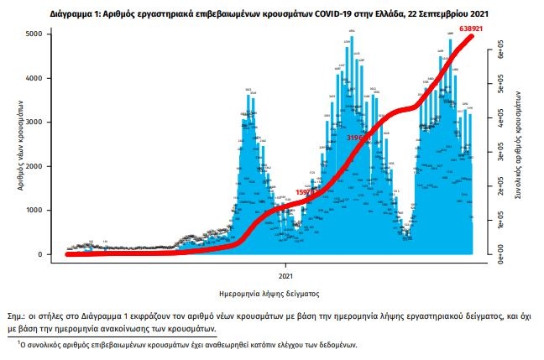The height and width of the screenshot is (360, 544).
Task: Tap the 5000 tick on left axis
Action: point(51,34)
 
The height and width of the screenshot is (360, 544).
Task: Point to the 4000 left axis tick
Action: point(51,78)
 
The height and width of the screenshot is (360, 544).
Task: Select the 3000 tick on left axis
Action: point(51,123)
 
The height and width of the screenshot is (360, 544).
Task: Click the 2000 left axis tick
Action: point(51,166)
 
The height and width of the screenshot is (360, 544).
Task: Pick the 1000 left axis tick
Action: point(51,211)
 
